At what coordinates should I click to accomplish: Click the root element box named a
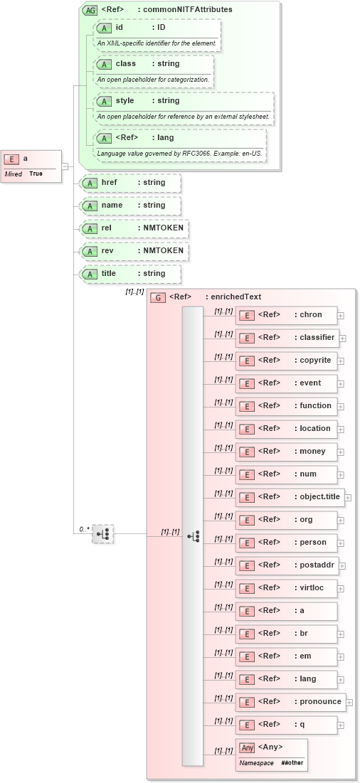pos(31,165)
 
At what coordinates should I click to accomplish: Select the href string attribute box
pos(132,183)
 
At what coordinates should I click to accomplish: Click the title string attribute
pos(132,274)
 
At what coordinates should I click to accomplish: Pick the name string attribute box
pos(132,206)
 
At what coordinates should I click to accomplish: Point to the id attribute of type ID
pos(157,28)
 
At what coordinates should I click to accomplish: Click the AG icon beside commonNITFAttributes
pos(90,10)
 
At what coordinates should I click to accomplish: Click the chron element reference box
pos(286,315)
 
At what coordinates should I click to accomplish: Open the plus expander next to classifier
pos(342,338)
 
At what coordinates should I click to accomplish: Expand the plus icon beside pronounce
pos(349,702)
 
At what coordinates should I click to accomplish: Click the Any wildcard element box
pos(271,753)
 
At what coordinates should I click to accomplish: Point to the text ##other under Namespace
pos(292,762)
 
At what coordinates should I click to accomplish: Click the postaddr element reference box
pos(286,565)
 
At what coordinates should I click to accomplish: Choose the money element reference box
pos(286,452)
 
